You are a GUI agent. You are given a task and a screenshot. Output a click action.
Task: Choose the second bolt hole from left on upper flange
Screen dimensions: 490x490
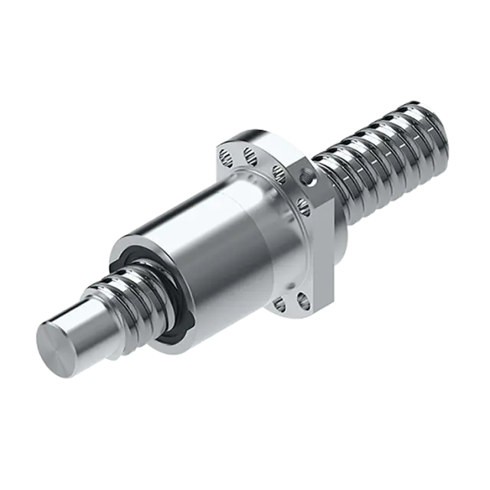[x=250, y=158]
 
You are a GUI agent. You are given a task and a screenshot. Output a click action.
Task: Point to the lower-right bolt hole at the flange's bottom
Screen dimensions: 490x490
[x=302, y=290]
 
